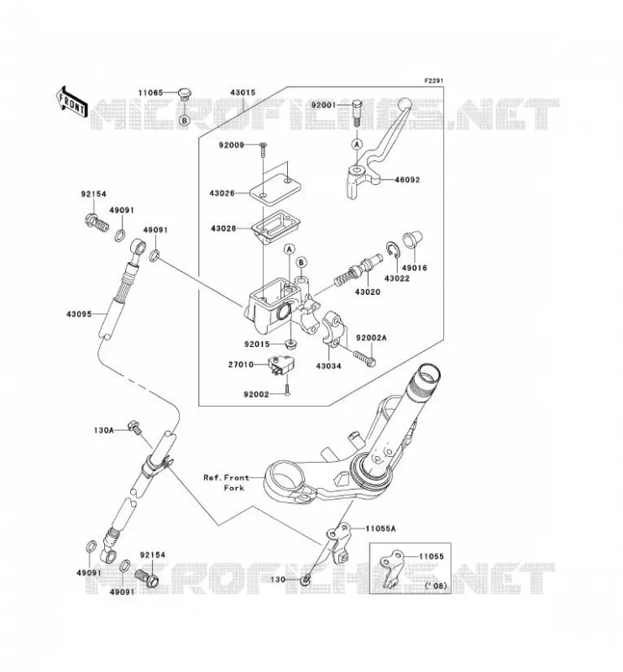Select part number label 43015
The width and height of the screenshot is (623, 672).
[243, 92]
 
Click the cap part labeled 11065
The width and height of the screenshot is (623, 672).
[185, 94]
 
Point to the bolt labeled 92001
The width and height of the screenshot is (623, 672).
[357, 112]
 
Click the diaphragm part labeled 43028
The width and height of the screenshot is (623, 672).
[275, 228]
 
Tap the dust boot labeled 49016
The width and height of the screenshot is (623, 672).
[411, 240]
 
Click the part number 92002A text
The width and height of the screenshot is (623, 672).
[371, 339]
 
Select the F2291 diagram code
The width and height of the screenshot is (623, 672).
[433, 81]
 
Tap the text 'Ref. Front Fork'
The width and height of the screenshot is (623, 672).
[226, 482]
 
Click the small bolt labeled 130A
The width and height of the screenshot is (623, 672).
[134, 428]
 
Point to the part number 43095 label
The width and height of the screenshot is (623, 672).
[79, 314]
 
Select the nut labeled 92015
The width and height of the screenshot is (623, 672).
[291, 344]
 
